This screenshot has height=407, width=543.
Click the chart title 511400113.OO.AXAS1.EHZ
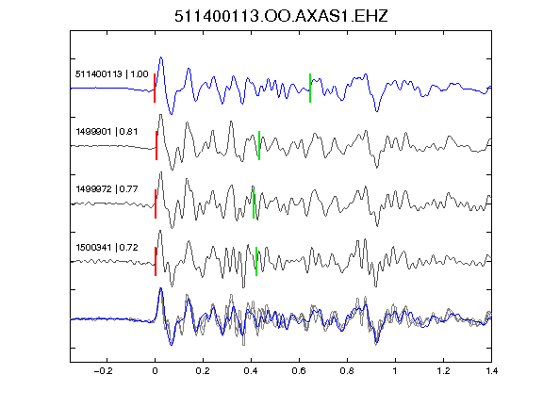(281, 16)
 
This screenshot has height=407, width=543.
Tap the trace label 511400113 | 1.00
(112, 74)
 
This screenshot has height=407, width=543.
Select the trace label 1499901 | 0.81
(107, 132)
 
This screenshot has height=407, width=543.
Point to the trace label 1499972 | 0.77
(107, 189)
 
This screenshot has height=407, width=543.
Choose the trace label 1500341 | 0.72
(107, 247)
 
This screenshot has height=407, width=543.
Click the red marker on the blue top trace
(155, 88)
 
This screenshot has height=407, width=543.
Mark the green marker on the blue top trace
(310, 88)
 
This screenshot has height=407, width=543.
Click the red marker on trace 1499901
(156, 145)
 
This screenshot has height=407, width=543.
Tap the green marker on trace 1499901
(259, 145)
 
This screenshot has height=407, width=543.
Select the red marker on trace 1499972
(156, 203)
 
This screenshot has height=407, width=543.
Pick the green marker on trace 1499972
(254, 203)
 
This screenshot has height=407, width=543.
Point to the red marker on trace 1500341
(156, 261)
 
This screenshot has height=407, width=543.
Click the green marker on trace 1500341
(256, 261)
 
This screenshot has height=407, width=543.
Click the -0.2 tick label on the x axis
(103, 371)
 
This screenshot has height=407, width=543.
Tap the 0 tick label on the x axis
(155, 371)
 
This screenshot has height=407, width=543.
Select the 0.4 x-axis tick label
(251, 371)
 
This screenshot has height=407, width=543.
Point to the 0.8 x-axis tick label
(347, 371)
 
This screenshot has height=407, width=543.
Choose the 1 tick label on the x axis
(395, 371)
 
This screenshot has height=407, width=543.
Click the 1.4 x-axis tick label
(491, 371)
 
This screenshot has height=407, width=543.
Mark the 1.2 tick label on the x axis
(443, 371)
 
